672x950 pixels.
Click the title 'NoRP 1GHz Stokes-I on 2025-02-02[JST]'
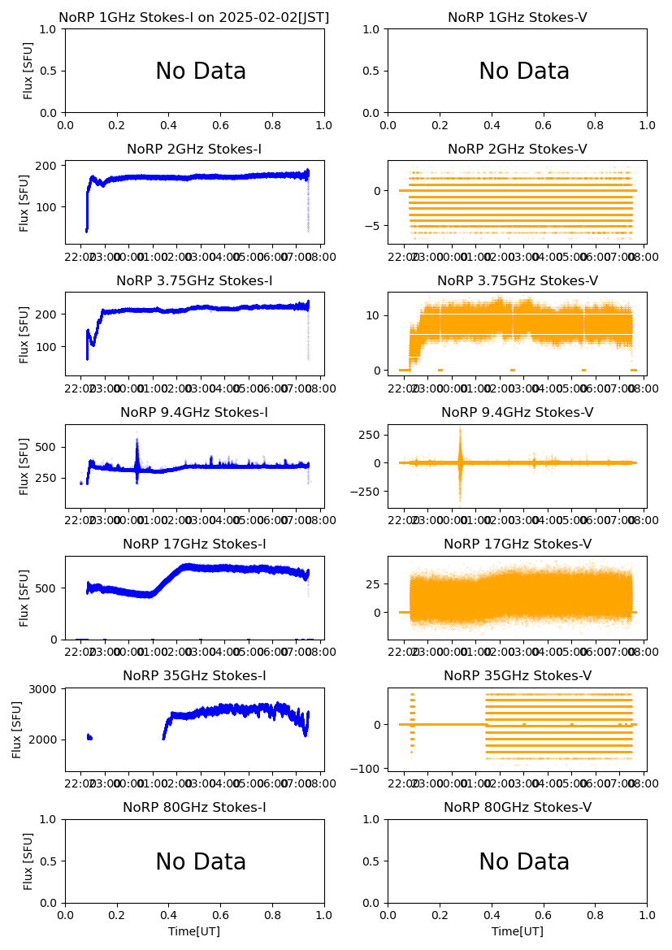tap(194, 17)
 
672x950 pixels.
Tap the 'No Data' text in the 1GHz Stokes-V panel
tap(524, 72)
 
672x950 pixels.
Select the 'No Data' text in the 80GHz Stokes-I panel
tap(201, 862)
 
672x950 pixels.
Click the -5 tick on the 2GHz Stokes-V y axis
tap(375, 226)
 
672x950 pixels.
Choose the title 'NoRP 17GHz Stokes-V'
tap(518, 544)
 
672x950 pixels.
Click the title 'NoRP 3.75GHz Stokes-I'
tap(194, 280)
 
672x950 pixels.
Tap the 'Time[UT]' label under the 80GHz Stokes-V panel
tap(518, 931)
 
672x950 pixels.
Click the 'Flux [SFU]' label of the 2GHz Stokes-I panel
tap(25, 202)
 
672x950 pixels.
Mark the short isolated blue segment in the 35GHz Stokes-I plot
tap(89, 737)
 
